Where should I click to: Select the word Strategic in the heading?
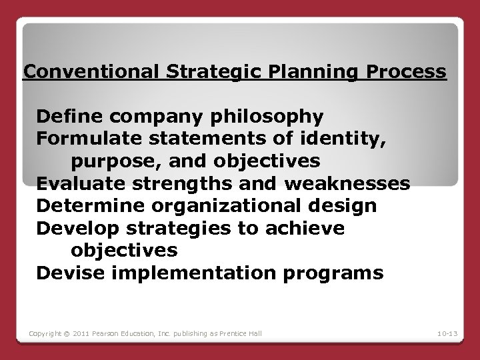click(x=209, y=71)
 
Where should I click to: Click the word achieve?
click(x=307, y=228)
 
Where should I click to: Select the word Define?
click(x=65, y=117)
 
